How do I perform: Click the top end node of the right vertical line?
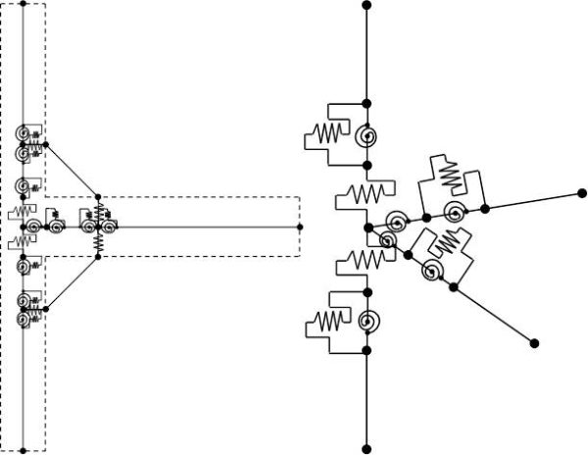(367, 6)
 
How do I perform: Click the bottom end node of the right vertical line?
(367, 449)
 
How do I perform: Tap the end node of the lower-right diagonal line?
(534, 342)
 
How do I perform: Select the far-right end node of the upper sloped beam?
(577, 193)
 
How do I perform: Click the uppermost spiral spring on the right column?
(367, 137)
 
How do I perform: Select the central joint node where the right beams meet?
(367, 227)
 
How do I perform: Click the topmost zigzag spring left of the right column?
(330, 130)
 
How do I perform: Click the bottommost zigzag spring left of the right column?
(330, 321)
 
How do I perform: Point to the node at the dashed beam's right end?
(300, 227)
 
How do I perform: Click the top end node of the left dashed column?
(23, 6)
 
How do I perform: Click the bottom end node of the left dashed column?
(23, 449)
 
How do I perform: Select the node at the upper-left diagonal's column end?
(45, 143)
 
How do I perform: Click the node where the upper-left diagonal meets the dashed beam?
(98, 195)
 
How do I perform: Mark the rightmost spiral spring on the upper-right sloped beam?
(454, 213)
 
